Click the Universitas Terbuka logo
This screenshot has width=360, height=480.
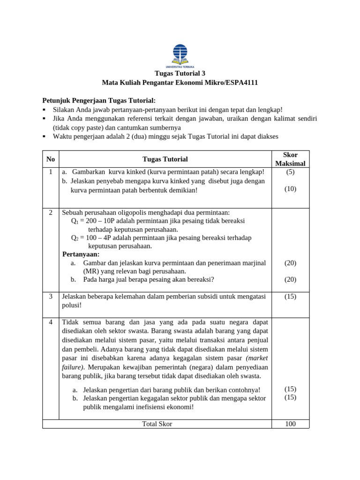pyautogui.click(x=180, y=56)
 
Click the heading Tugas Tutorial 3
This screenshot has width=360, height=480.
pyautogui.click(x=180, y=74)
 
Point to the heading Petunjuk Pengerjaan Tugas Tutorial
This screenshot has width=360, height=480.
pyautogui.click(x=99, y=100)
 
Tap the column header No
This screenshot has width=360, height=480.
pyautogui.click(x=51, y=159)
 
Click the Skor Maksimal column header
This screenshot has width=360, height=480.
pyautogui.click(x=290, y=159)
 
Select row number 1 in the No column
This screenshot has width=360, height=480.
pyautogui.click(x=51, y=172)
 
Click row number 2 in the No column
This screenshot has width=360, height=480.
pyautogui.click(x=51, y=212)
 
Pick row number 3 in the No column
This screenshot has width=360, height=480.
pyautogui.click(x=51, y=296)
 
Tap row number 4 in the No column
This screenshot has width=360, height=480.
pyautogui.click(x=51, y=322)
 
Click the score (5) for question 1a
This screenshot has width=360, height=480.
pyautogui.click(x=290, y=172)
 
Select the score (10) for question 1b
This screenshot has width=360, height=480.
pyautogui.click(x=290, y=189)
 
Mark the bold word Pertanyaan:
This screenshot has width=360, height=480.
pyautogui.click(x=81, y=254)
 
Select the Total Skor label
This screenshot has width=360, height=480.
pyautogui.click(x=157, y=424)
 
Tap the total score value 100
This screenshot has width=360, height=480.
pyautogui.click(x=290, y=424)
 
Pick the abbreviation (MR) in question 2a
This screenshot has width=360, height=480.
pyautogui.click(x=91, y=271)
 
